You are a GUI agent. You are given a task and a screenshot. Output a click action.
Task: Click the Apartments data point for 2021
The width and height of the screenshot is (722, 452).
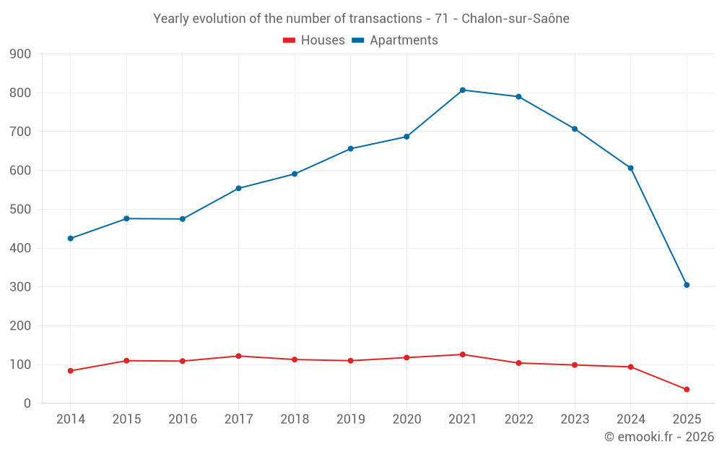click(x=463, y=90)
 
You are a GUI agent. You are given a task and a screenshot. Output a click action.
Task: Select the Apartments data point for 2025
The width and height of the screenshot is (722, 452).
click(x=687, y=285)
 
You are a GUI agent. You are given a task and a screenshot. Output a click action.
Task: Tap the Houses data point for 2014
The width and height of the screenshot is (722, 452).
click(x=71, y=371)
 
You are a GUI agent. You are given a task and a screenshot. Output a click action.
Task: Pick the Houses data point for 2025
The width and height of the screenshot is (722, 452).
click(x=687, y=390)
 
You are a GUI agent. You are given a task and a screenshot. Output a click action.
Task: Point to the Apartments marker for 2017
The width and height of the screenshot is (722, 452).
click(x=238, y=188)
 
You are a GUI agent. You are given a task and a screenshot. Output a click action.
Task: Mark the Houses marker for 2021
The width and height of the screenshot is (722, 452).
click(x=463, y=354)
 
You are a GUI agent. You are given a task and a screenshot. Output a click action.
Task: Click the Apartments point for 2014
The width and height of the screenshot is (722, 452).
click(x=71, y=239)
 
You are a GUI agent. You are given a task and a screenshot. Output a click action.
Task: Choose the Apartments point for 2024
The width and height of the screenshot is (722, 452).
click(x=630, y=168)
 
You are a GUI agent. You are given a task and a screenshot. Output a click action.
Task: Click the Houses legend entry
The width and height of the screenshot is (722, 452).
click(x=314, y=40)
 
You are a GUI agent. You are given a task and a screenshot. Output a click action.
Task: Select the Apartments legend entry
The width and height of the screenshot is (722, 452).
click(x=395, y=40)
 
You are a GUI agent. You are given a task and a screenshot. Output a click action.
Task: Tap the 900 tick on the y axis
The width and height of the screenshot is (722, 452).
click(x=21, y=54)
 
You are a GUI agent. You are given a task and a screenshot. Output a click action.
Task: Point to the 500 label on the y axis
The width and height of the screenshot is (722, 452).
click(x=21, y=210)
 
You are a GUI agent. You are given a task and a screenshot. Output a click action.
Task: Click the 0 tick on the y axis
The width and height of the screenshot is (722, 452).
click(x=27, y=404)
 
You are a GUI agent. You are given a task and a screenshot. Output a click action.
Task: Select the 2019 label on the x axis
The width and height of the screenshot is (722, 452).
click(x=350, y=419)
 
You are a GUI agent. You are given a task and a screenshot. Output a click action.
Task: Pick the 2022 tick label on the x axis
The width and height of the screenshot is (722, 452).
click(x=518, y=419)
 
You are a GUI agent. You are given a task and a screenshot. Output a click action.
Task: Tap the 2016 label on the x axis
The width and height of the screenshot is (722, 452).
click(x=183, y=419)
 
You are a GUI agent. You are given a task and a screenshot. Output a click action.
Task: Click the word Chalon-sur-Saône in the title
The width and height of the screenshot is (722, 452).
click(x=515, y=19)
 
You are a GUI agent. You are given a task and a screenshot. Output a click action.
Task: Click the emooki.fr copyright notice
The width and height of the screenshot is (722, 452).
click(x=658, y=437)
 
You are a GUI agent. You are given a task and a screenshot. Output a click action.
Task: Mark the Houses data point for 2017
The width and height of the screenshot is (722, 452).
click(x=238, y=356)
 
